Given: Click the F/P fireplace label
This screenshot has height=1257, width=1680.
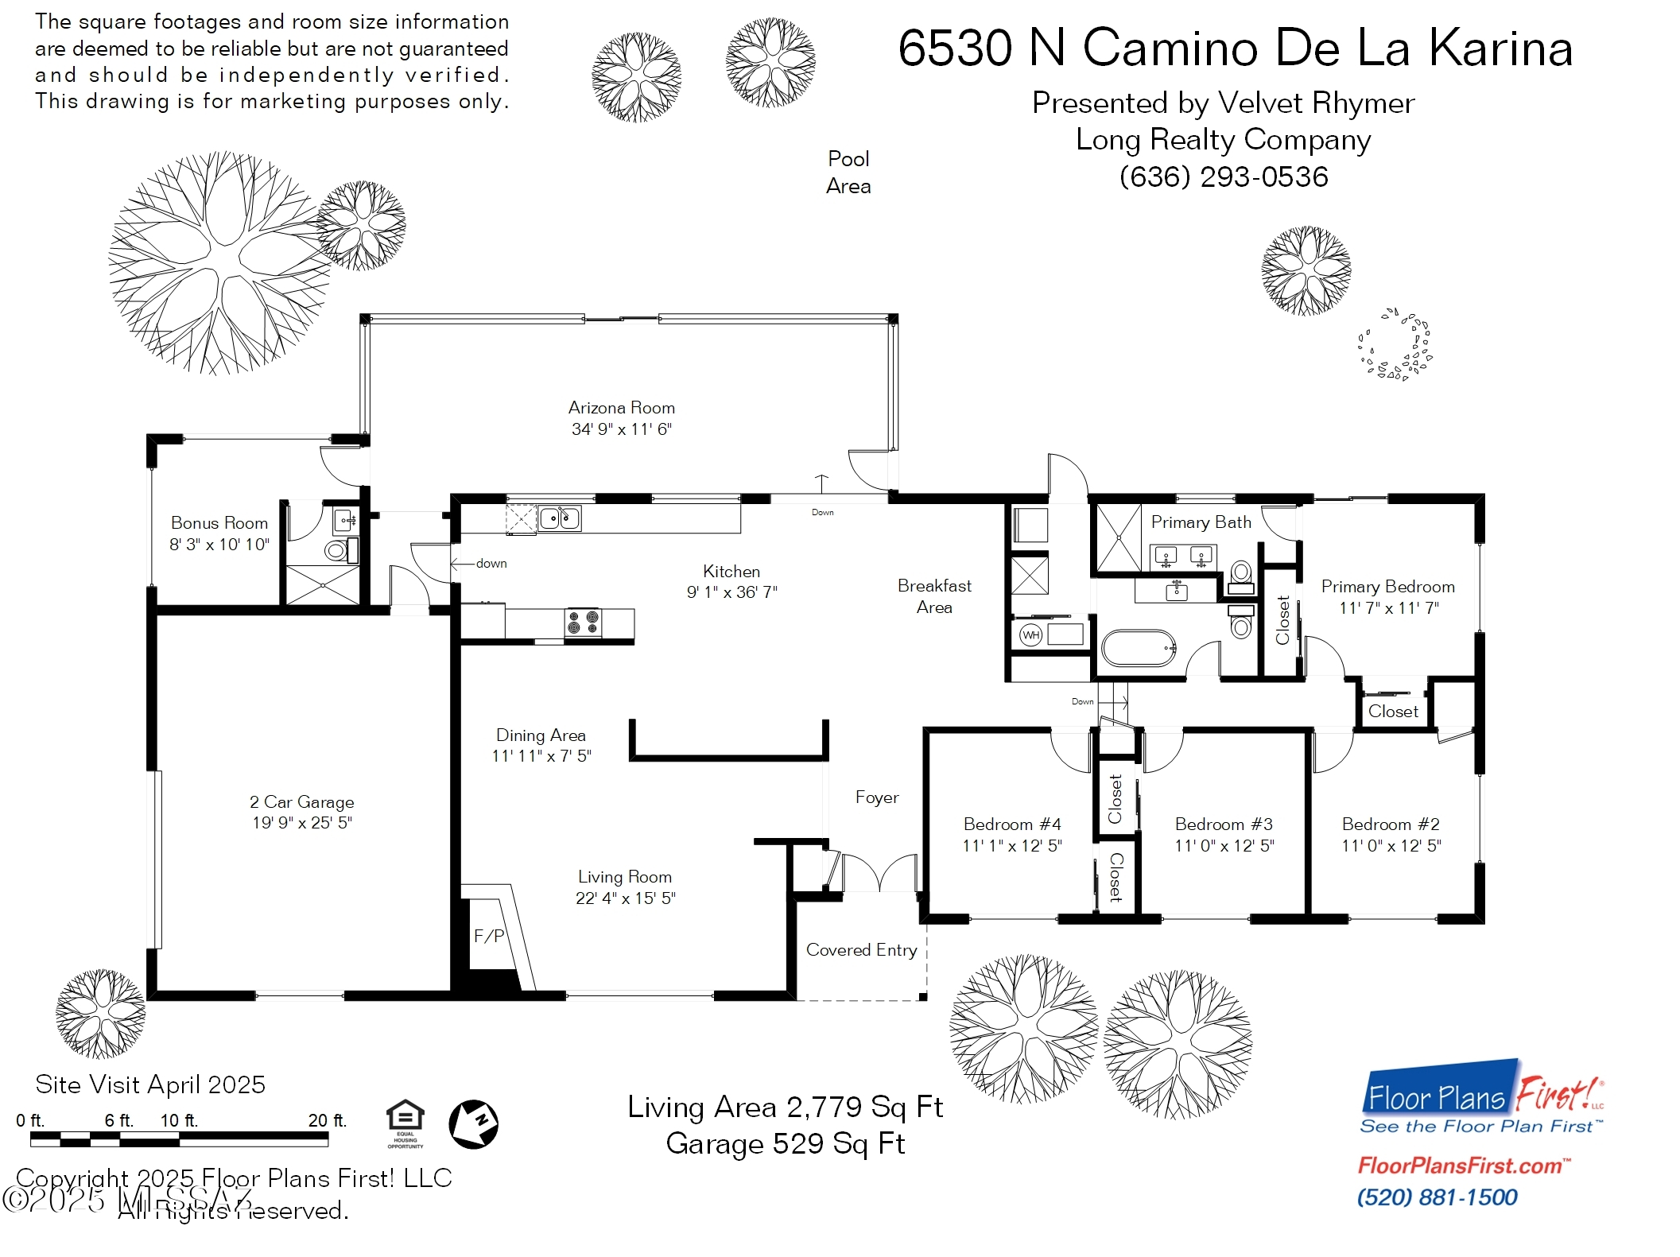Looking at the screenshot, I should click(x=489, y=936).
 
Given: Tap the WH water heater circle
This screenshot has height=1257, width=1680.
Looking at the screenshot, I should click(x=1030, y=635).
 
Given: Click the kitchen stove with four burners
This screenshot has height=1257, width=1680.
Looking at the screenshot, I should click(x=584, y=622).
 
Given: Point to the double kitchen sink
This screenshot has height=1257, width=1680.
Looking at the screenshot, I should click(x=560, y=518).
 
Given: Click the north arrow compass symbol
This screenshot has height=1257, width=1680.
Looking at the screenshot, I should click(x=474, y=1124).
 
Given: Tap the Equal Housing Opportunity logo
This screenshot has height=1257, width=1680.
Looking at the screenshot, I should click(x=405, y=1123).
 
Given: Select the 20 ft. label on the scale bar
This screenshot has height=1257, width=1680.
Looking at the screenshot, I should click(x=328, y=1120).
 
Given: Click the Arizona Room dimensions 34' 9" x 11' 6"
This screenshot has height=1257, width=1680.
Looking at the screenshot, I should click(x=622, y=429).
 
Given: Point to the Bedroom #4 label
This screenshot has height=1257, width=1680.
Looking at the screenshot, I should click(x=1012, y=824).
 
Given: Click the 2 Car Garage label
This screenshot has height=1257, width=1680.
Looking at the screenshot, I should click(x=302, y=802).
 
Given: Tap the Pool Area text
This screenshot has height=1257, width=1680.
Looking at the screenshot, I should click(x=848, y=173).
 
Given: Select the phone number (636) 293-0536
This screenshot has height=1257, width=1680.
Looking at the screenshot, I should click(x=1224, y=177).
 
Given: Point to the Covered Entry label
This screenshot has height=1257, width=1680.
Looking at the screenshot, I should click(x=861, y=950).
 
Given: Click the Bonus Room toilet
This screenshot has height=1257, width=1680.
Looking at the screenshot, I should click(x=336, y=550).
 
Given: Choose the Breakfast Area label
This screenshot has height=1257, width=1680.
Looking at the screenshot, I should click(x=934, y=596).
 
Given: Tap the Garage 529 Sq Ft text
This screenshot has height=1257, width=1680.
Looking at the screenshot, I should click(x=785, y=1143).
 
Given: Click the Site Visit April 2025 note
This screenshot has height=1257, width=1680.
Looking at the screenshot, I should click(x=150, y=1084).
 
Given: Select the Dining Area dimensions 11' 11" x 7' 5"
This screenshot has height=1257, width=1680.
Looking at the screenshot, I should click(x=541, y=756).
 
